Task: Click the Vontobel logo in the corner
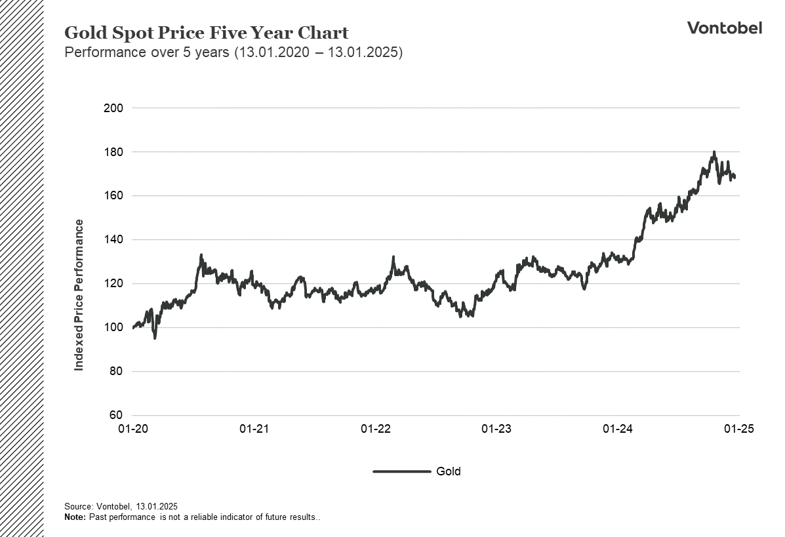coord(725,28)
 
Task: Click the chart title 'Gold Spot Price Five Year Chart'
coord(207,33)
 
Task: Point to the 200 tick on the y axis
coord(113,108)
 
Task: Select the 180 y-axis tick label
coord(113,151)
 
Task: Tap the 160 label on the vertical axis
coord(113,195)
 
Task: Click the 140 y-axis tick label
coord(113,239)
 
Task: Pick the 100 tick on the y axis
coord(113,327)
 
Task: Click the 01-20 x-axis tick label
coord(132,429)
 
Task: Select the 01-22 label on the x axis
coord(375,429)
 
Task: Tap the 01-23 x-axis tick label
coord(496,429)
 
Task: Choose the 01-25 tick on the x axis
coord(739,429)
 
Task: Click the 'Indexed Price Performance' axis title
coord(79,295)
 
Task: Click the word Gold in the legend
coord(449,471)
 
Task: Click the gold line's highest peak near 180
coord(714,152)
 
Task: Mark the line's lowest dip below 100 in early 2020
coord(155,338)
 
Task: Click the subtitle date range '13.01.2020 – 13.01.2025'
coord(318,52)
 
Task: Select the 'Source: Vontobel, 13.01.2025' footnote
coord(121,506)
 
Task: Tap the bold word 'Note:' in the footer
coord(75,517)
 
